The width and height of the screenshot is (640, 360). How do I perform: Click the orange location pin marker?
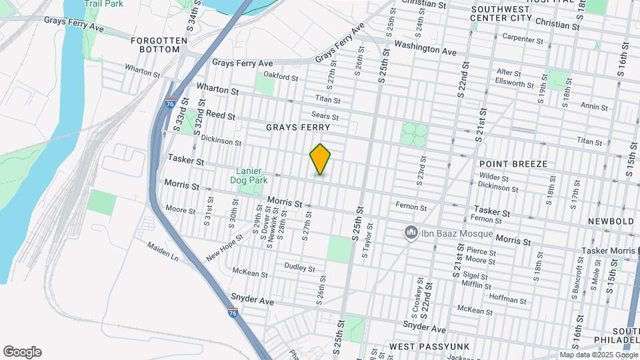[x=320, y=159]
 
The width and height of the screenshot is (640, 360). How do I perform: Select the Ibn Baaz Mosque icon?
[x=411, y=233]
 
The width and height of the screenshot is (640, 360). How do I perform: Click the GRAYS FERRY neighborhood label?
[x=298, y=127]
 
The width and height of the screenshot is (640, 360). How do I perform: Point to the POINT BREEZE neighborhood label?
[x=513, y=163]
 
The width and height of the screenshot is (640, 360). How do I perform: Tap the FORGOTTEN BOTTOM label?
[x=159, y=45]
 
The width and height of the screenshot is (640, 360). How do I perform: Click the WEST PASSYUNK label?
[x=421, y=347]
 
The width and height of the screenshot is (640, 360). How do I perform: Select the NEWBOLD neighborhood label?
[x=610, y=221]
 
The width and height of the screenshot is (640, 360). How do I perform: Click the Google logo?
[x=22, y=352]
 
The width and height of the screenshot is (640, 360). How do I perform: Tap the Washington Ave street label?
[x=425, y=48]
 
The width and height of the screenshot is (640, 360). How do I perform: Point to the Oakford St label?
[x=281, y=77]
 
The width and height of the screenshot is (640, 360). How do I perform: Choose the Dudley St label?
[x=299, y=268]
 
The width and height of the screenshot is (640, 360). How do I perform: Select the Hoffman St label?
[x=509, y=297]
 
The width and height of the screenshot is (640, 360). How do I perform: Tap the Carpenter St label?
[x=523, y=39]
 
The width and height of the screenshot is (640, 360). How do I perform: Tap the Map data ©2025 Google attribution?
[x=597, y=355]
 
